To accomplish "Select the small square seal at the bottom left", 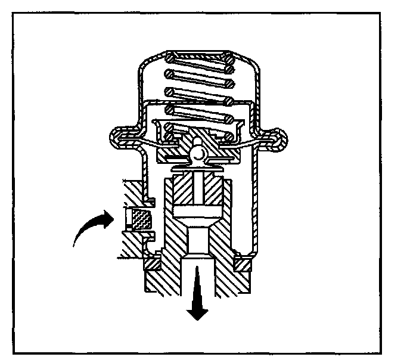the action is click(151, 263).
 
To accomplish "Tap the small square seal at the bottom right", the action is click(243, 263).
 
